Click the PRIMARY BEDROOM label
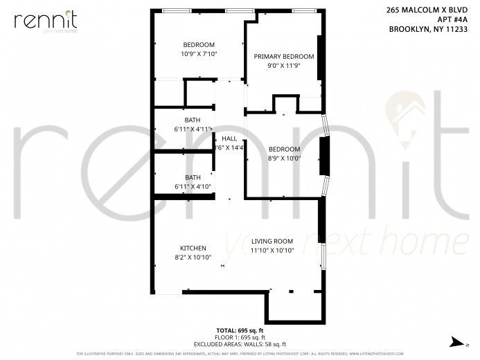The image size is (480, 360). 283,57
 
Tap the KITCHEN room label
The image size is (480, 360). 193,248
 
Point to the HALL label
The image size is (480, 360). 229,138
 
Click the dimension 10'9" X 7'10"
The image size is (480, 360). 199,54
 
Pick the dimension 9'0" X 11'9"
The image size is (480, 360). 283,66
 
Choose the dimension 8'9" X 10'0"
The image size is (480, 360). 284,158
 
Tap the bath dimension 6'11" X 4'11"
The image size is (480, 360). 193,129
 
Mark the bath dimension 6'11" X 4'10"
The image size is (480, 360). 193,186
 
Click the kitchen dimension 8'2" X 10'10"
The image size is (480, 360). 193,257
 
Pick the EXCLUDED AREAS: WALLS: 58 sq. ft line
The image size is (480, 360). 242,344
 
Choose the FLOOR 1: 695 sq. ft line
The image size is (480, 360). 242,338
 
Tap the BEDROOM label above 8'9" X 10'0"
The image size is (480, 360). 284,149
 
